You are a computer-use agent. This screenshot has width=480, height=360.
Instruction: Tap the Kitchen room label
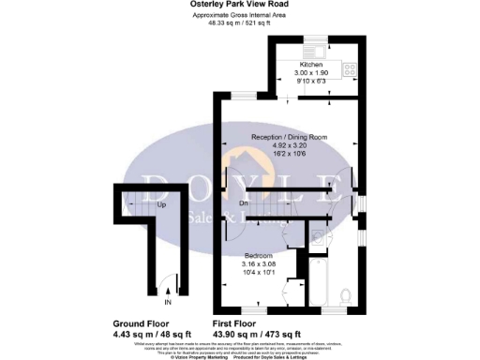coord(311,64)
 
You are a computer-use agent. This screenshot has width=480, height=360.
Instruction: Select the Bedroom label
coord(259,255)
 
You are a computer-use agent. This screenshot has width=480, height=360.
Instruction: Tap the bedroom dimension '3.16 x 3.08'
coord(259,263)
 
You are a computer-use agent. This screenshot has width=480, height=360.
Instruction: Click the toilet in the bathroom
coord(345,296)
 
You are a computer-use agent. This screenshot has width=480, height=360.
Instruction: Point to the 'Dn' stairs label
coord(244,202)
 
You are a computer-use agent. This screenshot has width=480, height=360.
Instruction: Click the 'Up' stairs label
coord(162,204)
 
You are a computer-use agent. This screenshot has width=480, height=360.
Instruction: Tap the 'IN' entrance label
coord(169,304)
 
